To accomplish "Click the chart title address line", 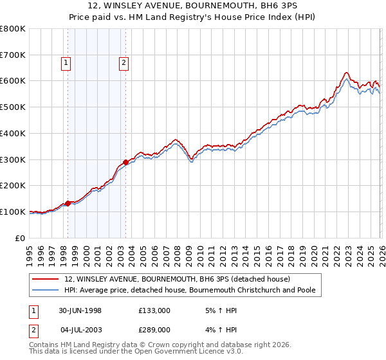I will click(x=192, y=6).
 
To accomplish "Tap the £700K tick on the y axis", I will click(x=13, y=55).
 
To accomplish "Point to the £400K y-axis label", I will click(x=13, y=133).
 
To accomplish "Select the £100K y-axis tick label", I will click(x=13, y=212).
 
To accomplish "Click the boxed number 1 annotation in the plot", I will click(x=67, y=62).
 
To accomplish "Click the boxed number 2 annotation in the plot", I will click(x=123, y=62).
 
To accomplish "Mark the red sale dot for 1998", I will click(x=68, y=203).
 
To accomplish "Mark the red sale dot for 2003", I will click(x=125, y=162).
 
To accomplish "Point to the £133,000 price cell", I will click(x=154, y=310).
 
